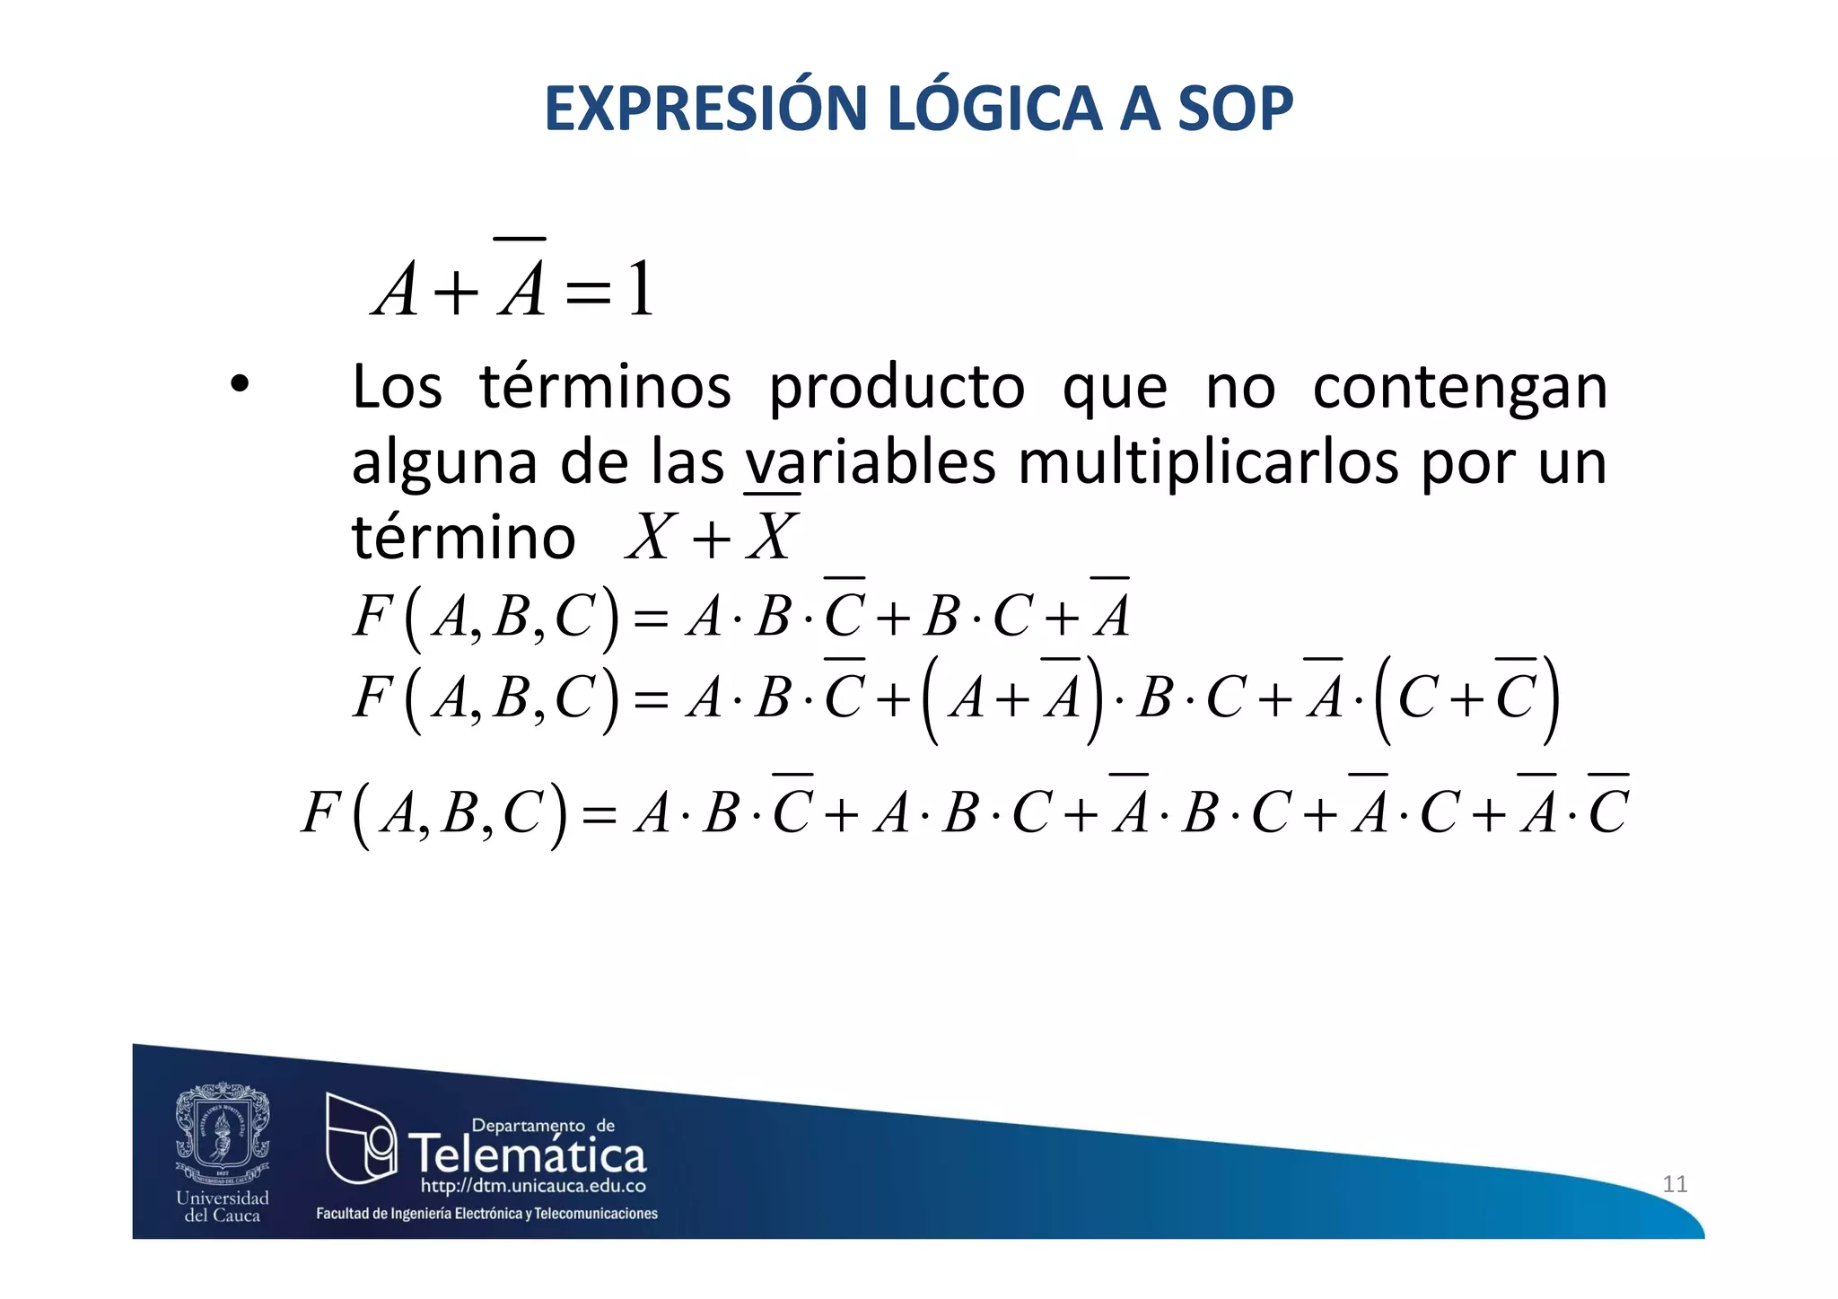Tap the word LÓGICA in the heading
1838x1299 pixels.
pyautogui.click(x=993, y=109)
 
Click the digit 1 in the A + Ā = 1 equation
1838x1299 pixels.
pyautogui.click(x=640, y=290)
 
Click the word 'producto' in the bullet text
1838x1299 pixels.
pyautogui.click(x=897, y=388)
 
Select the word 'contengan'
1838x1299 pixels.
pyautogui.click(x=1459, y=388)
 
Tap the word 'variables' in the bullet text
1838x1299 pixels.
pyautogui.click(x=870, y=462)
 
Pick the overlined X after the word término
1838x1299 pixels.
pyautogui.click(x=771, y=537)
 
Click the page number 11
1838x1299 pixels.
pyautogui.click(x=1675, y=1184)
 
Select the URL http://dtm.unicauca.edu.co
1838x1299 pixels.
pyautogui.click(x=533, y=1187)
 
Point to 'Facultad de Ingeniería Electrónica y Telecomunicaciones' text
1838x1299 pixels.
pyautogui.click(x=486, y=1214)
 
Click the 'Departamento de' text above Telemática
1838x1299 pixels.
pyautogui.click(x=543, y=1126)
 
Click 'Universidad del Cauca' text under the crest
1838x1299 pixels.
pyautogui.click(x=223, y=1207)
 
